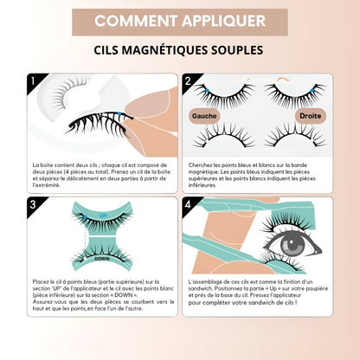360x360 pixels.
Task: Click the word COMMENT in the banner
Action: coord(132,21)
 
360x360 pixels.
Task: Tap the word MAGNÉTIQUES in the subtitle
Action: coord(181,51)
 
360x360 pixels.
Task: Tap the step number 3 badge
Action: coord(33,205)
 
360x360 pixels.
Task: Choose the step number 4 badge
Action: coord(188,205)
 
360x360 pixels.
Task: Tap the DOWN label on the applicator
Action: coord(102,257)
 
